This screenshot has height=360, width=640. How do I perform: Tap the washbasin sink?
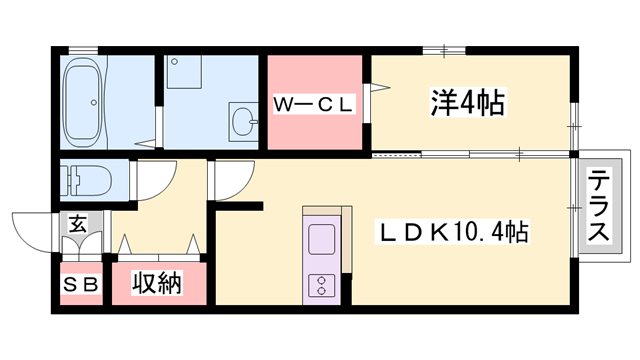click(243, 122)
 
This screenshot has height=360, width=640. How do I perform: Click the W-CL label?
click(314, 103)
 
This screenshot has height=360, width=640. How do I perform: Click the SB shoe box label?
click(82, 285)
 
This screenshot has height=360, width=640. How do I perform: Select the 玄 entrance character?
click(77, 224)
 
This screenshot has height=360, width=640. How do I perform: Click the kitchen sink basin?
click(322, 241)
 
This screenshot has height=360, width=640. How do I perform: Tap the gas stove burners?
click(322, 283)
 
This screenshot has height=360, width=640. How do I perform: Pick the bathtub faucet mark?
click(95, 100)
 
